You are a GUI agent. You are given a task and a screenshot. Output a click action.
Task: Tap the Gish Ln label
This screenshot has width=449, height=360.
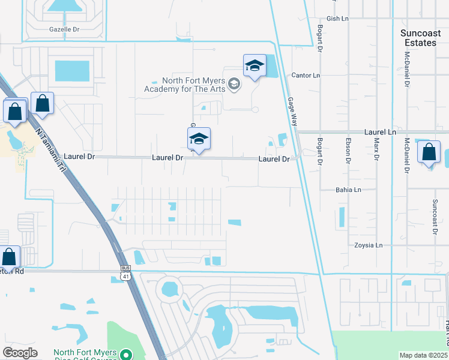coord(337,19)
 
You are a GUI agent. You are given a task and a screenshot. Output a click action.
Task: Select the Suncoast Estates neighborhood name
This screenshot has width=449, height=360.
coord(418,38)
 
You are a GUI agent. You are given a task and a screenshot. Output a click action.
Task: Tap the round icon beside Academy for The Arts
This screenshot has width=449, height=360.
coord(235,85)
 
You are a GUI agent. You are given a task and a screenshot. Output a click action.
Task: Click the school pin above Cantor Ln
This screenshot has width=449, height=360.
coord(255,66)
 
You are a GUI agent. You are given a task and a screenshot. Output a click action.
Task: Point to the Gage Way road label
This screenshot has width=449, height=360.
coord(292,112)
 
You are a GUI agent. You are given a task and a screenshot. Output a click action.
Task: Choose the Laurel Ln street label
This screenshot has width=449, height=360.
coord(380,131)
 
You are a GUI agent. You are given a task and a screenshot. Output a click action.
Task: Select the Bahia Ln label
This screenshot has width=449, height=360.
coord(348,190)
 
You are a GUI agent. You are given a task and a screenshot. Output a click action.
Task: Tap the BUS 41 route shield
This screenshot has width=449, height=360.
coord(125,273)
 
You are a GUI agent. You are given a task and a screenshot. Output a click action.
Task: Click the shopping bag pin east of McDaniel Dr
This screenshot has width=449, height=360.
coord(429,152)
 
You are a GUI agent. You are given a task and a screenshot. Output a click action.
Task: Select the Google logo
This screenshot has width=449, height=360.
coord(20,353)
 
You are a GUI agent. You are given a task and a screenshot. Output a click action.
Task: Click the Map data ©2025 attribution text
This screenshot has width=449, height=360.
coord(423,355)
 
